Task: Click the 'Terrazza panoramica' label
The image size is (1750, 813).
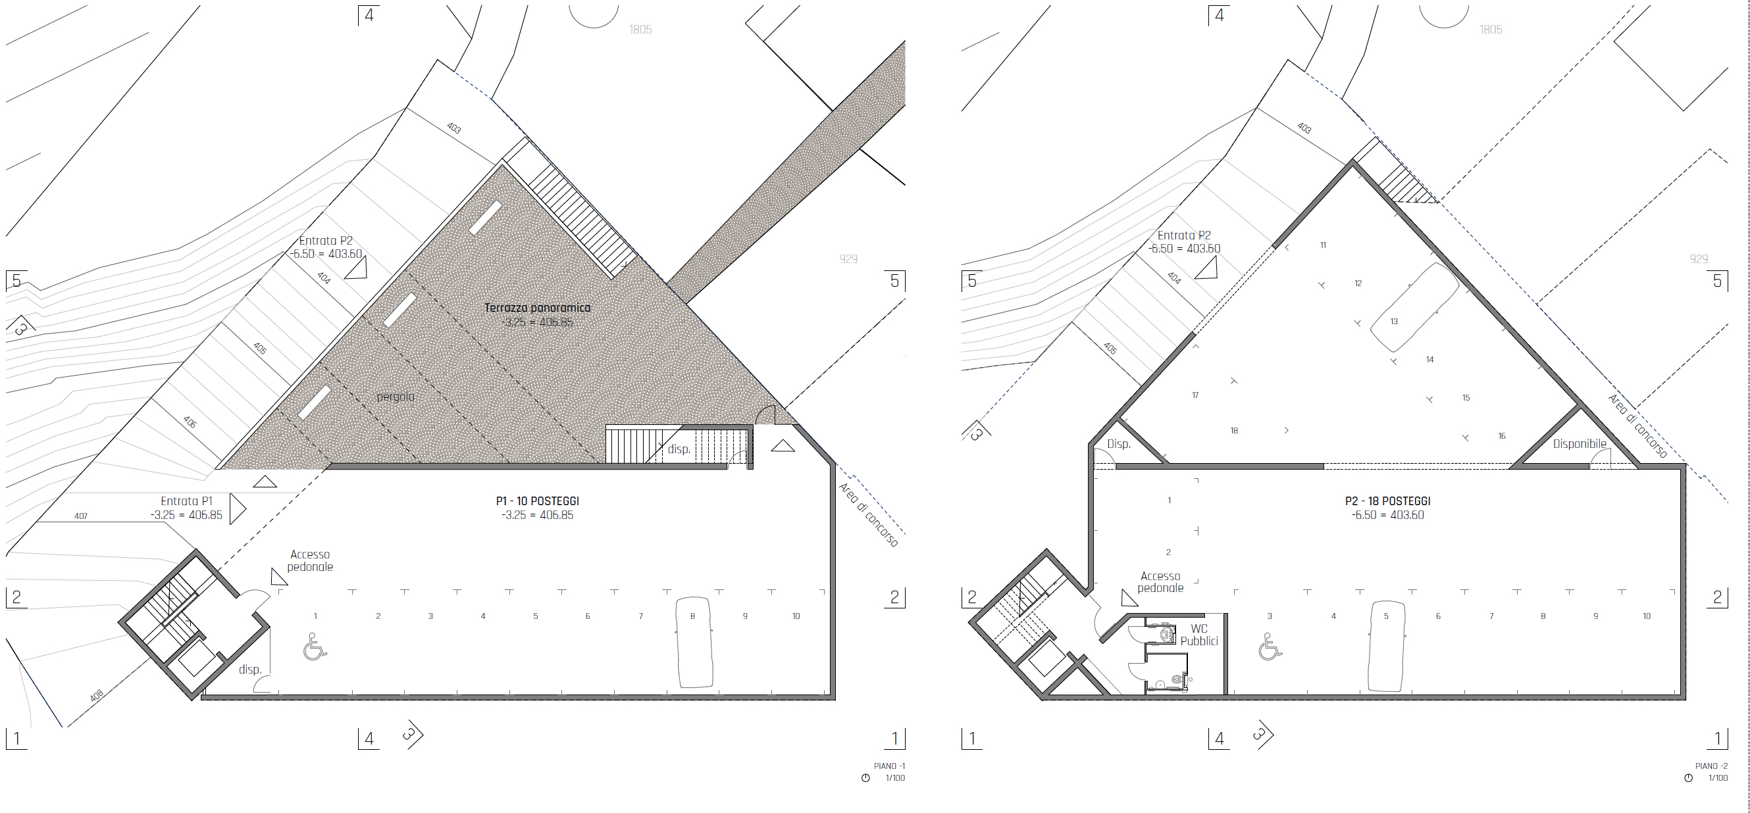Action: (x=537, y=308)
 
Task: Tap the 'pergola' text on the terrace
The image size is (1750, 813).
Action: (x=396, y=397)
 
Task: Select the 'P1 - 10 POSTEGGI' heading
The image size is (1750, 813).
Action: (x=537, y=501)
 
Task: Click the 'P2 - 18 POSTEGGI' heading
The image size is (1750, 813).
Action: (x=1388, y=501)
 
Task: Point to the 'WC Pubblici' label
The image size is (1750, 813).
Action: (x=1199, y=635)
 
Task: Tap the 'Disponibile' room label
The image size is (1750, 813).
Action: (x=1580, y=444)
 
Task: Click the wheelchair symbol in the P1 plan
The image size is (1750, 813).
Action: (x=315, y=647)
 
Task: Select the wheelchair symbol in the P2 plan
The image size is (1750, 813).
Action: (x=1270, y=647)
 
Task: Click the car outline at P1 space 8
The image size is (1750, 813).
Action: (x=694, y=643)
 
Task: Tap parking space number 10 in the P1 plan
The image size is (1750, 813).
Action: (x=796, y=616)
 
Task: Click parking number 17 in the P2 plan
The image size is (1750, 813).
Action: (x=1195, y=395)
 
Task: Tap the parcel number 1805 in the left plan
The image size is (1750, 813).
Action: (x=640, y=30)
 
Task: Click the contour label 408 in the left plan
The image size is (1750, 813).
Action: (x=97, y=696)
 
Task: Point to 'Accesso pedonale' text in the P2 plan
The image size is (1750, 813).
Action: (x=1160, y=582)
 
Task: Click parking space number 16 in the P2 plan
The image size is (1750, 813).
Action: (x=1501, y=436)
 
